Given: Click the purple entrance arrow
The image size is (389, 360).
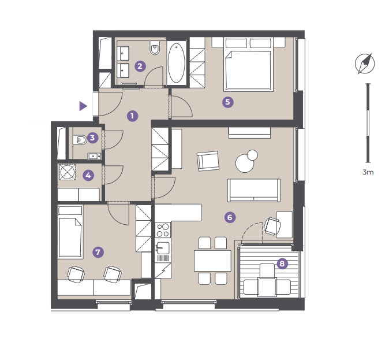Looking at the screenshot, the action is [x=83, y=106].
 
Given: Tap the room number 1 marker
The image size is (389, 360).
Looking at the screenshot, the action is [x=132, y=116].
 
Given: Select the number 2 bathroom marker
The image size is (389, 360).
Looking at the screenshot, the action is [x=140, y=66].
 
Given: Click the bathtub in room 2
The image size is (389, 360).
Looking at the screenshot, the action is [x=177, y=63].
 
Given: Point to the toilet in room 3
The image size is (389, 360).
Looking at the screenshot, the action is [x=80, y=140].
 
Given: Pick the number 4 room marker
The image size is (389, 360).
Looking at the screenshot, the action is [x=88, y=176].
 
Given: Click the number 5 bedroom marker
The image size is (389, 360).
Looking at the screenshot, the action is [x=228, y=102].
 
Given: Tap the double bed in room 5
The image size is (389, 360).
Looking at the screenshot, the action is [x=248, y=64].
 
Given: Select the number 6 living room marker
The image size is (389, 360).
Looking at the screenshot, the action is [x=230, y=217].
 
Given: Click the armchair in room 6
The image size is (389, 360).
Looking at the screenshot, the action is [x=208, y=161].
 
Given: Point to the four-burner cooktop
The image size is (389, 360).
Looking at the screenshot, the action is [x=163, y=230].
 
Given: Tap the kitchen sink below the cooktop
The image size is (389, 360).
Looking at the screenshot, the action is [x=163, y=248].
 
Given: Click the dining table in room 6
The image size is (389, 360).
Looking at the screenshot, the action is [x=212, y=261].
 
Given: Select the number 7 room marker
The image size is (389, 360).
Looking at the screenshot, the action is [x=98, y=252].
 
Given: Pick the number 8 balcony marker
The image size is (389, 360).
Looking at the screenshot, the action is [x=282, y=263].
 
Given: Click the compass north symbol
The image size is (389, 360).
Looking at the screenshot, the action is [x=365, y=64].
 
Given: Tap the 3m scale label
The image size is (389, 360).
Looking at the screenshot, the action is [x=368, y=172].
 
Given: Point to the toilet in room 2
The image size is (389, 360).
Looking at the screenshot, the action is [x=155, y=48].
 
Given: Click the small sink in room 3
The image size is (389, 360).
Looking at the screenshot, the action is [x=94, y=156].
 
